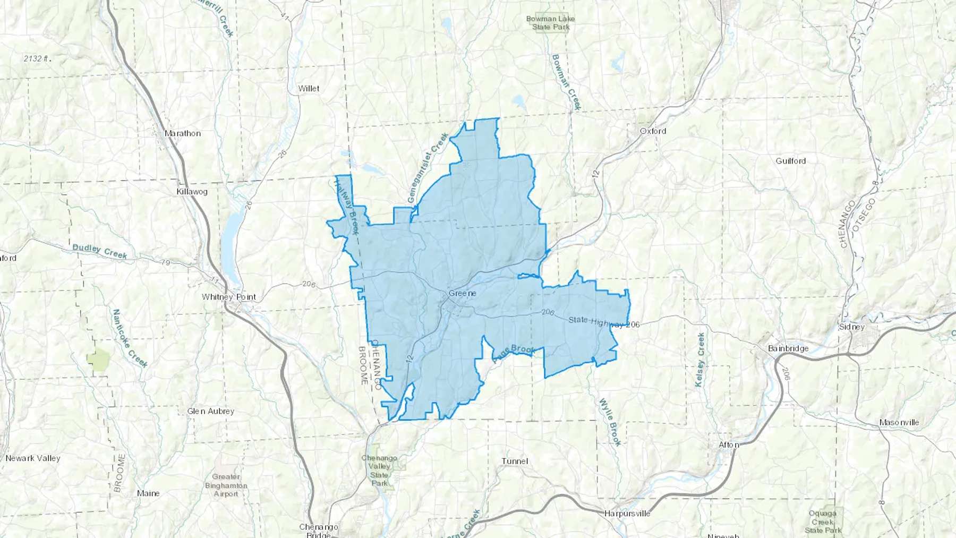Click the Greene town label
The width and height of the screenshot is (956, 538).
pos(462,293)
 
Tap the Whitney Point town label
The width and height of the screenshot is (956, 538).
pos(228,297)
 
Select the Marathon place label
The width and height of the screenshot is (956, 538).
pos(183,133)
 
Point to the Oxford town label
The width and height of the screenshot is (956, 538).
pos(653,131)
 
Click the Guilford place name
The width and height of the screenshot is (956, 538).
pos(790,161)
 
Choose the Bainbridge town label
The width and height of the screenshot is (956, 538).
pos(788,348)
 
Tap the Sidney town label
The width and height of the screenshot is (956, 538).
pos(851,327)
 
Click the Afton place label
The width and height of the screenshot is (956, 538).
pos(728,445)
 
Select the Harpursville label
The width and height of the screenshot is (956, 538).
pos(627,514)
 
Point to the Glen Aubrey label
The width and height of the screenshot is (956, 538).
pos(210,411)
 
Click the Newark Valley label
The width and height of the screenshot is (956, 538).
pos(33,458)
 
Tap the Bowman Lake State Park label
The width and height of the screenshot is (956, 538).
pos(550,23)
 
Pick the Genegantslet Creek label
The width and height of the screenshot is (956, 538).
pos(428,167)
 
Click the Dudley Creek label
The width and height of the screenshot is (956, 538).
pos(99,251)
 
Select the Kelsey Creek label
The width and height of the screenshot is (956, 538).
pos(700,360)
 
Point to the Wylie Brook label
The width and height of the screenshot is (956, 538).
pos(610,422)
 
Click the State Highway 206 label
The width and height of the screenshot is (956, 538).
pos(604,322)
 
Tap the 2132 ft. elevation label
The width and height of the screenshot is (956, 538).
pos(37,58)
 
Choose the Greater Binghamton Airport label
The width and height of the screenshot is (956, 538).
pos(226,485)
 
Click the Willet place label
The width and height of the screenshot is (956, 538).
pos(309,89)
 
